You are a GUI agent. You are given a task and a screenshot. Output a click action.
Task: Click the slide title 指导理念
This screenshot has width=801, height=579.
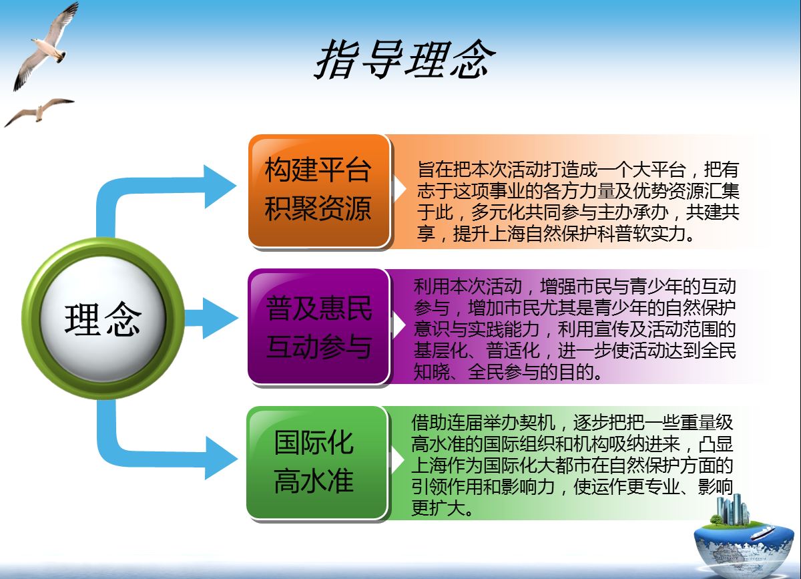(405, 59)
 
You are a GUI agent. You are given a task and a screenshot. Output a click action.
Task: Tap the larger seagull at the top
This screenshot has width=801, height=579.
(46, 46)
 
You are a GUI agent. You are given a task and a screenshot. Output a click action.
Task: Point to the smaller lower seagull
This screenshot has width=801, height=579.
(39, 112)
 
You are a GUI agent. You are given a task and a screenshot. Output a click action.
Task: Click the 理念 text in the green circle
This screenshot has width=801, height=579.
(103, 319)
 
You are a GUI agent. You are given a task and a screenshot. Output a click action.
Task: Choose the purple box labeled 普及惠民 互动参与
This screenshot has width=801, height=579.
(318, 327)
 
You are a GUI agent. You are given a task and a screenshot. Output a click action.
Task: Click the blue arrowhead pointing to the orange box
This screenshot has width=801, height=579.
(220, 186)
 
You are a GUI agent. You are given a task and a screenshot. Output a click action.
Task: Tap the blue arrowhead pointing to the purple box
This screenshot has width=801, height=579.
(220, 318)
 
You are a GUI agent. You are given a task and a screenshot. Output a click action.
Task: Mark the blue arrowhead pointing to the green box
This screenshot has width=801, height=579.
(220, 458)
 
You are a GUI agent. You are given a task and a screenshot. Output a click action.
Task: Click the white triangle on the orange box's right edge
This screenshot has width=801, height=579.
(399, 188)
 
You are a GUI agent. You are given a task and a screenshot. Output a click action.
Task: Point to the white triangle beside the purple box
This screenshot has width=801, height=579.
(399, 325)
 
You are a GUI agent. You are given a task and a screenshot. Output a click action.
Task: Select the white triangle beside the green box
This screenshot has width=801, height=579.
(398, 460)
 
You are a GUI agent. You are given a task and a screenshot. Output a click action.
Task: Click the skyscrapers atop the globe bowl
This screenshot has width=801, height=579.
(733, 510)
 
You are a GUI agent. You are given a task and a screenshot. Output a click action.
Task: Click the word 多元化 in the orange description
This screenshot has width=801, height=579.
(498, 212)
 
